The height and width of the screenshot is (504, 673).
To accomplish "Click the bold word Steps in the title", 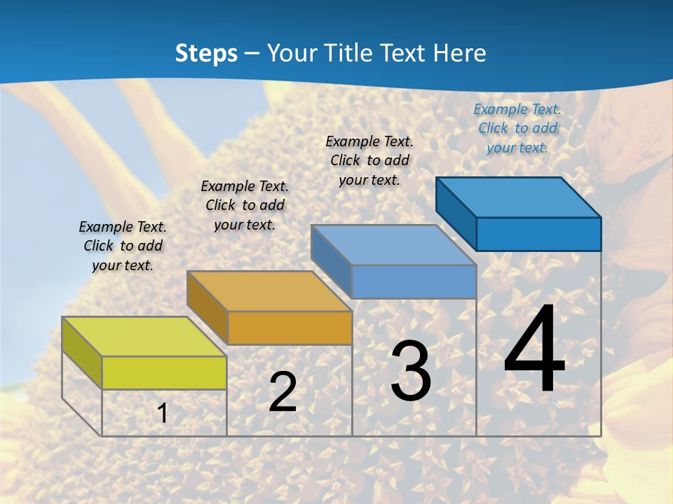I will click(206, 53).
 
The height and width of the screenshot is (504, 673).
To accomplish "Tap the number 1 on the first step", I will click(162, 414).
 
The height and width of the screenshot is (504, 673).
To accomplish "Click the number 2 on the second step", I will click(283, 393).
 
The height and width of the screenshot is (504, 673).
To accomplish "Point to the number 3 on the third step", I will click(411, 372).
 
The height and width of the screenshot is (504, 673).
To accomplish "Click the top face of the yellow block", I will click(144, 337).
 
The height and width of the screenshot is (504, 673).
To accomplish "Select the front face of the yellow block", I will click(164, 372).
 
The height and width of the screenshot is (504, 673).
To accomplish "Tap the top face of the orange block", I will click(269, 291).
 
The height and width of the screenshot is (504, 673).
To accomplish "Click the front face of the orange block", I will click(290, 328).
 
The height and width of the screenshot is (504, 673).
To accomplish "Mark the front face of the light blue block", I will click(414, 282).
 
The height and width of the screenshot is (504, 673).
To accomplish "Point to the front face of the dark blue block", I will click(538, 234).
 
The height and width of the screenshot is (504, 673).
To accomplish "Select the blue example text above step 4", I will click(517, 128).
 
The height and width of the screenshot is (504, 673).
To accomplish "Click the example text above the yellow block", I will click(123, 246).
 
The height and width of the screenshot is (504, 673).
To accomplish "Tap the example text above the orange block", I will click(245, 205).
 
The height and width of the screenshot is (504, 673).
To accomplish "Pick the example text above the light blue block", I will click(369, 160).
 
